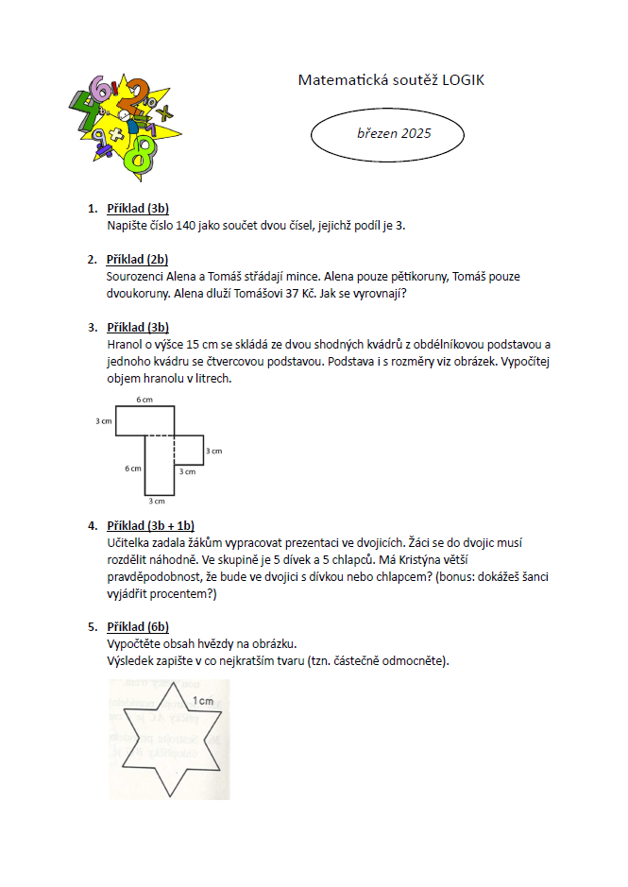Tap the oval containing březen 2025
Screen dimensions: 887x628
[387, 134]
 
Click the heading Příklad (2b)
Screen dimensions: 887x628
[138, 259]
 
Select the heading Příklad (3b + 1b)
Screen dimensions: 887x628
[151, 525]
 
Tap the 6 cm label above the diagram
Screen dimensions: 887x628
[144, 400]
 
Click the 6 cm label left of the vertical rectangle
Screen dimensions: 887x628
[133, 468]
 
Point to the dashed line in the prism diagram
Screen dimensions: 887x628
[161, 435]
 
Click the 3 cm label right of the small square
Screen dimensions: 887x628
[213, 451]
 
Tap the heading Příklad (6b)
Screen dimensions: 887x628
[138, 626]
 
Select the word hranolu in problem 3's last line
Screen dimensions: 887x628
[162, 378]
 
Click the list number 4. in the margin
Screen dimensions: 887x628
[92, 525]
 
